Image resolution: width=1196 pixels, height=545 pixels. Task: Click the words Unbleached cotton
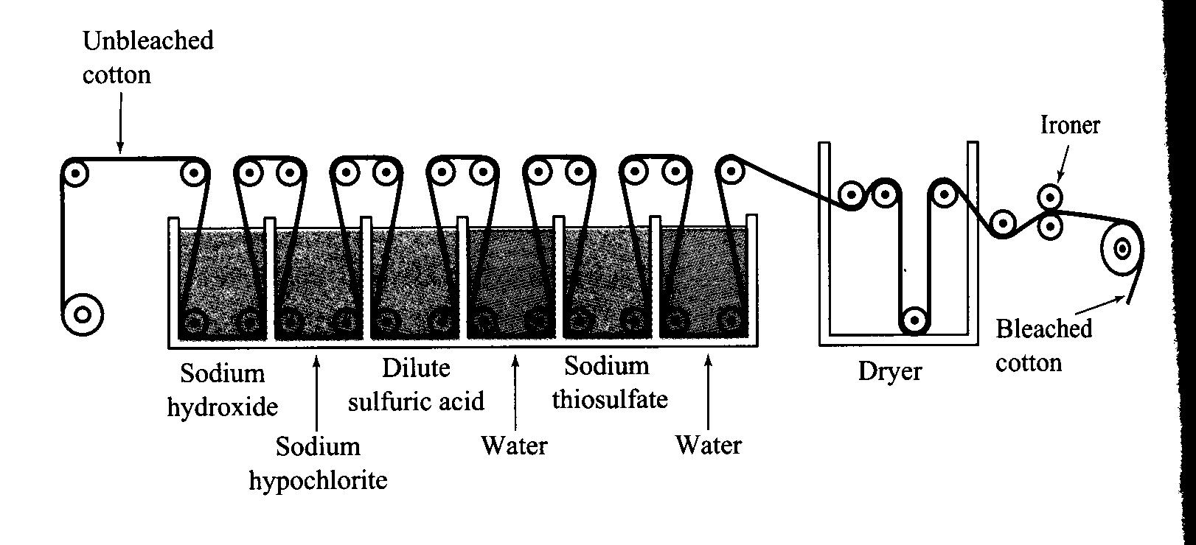pyautogui.click(x=147, y=57)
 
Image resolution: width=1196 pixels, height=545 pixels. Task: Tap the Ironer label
pyautogui.click(x=1069, y=125)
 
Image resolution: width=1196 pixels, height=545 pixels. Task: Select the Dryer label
pyautogui.click(x=889, y=371)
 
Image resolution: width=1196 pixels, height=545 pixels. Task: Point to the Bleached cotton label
pyautogui.click(x=1043, y=345)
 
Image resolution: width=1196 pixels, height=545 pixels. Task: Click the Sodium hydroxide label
pyautogui.click(x=222, y=390)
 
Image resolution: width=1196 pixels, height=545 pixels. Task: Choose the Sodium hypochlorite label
pyautogui.click(x=318, y=463)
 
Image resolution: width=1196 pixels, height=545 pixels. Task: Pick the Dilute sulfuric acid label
pyautogui.click(x=416, y=384)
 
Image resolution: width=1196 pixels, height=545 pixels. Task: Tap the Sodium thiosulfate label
pyautogui.click(x=609, y=382)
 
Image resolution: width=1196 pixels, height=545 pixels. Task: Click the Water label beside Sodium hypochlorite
pyautogui.click(x=514, y=446)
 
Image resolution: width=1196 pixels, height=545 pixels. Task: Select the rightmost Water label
pyautogui.click(x=708, y=445)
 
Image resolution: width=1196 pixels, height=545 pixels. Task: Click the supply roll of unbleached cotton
pyautogui.click(x=83, y=314)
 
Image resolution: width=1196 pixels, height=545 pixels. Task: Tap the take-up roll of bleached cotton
pyautogui.click(x=1122, y=248)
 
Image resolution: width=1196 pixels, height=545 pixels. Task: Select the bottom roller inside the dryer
pyautogui.click(x=914, y=320)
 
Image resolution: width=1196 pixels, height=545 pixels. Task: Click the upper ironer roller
pyautogui.click(x=1050, y=197)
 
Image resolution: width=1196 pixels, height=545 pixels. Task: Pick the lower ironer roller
pyautogui.click(x=1050, y=226)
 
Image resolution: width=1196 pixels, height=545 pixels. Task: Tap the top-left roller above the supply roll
pyautogui.click(x=74, y=173)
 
